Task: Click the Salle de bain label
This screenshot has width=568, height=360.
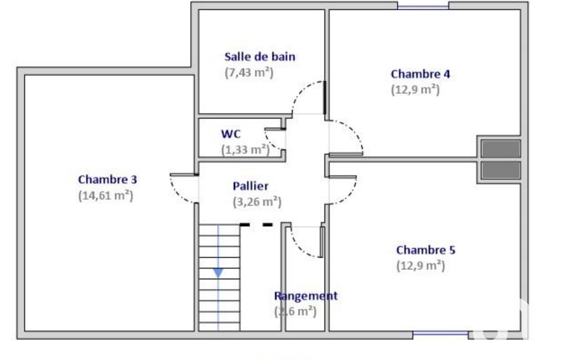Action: pos(260,56)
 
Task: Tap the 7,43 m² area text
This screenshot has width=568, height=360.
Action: pos(249,73)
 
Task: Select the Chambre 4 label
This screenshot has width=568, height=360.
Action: pos(420,74)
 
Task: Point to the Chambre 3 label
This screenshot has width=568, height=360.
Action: pos(108,179)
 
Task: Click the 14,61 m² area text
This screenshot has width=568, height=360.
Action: pos(106,196)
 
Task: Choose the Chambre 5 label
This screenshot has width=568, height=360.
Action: pos(426,250)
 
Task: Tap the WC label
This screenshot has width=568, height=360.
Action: pos(231,133)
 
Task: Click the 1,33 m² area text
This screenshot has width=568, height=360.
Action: pos(245,150)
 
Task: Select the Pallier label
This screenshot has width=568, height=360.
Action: pos(250,186)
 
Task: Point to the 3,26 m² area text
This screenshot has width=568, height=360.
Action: pos(257,202)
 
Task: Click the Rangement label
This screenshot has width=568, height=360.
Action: pos(306,296)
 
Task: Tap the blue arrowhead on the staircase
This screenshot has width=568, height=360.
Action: pos(218,272)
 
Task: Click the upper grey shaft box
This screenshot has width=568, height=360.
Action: pos(501,148)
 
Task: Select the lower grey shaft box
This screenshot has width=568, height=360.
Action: pos(501,170)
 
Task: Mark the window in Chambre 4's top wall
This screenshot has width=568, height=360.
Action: pos(423,6)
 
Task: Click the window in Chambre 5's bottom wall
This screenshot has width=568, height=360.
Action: pos(441,334)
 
